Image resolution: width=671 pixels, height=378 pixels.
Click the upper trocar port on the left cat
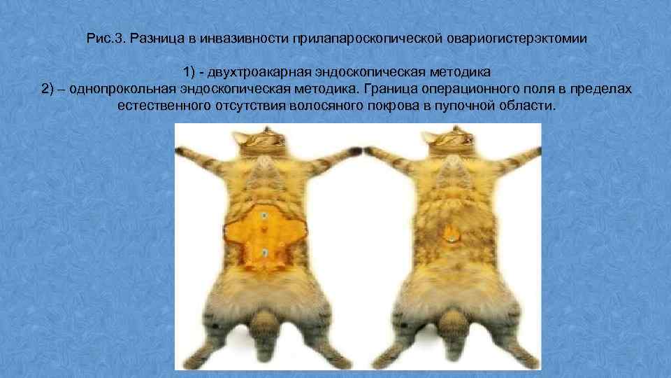[263, 217]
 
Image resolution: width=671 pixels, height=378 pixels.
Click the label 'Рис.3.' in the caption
[106, 38]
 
